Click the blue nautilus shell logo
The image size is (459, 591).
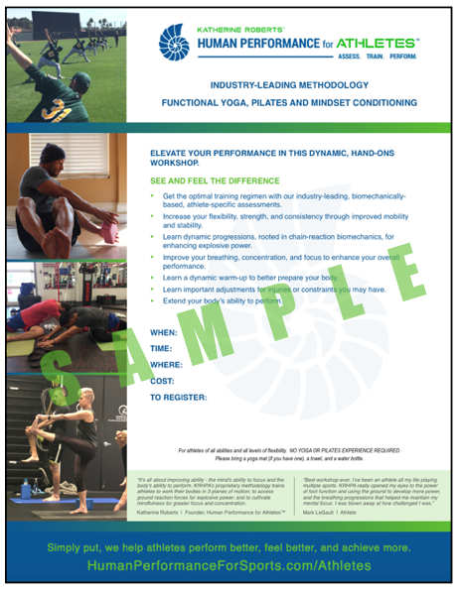click(x=175, y=43)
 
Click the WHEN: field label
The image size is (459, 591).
click(x=164, y=333)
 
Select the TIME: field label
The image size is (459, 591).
click(x=162, y=349)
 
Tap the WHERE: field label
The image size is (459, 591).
click(x=166, y=365)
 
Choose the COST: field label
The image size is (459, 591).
click(x=163, y=381)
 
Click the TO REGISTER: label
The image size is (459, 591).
click(x=178, y=397)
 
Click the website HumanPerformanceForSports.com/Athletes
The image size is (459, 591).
click(x=229, y=565)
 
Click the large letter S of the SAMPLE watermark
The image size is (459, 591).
click(x=63, y=380)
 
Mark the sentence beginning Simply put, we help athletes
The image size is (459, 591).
click(x=229, y=547)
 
